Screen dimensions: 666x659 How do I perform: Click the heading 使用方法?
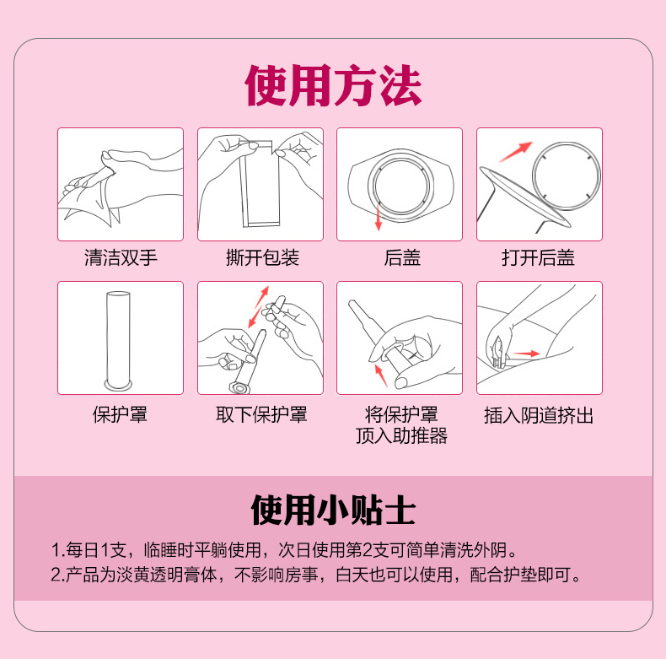click(x=333, y=85)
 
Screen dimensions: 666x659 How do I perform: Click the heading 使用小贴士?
click(x=333, y=510)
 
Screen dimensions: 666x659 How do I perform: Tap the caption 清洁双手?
click(x=121, y=257)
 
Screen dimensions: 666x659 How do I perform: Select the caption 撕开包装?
click(x=262, y=257)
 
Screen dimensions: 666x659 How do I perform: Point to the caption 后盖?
click(x=402, y=257)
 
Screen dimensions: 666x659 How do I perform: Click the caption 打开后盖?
click(x=538, y=257)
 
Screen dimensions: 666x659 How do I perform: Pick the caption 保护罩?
click(x=120, y=414)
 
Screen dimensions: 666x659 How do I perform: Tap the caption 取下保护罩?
click(x=261, y=414)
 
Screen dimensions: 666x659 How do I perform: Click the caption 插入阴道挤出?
click(x=539, y=415)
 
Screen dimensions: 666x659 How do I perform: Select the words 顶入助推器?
click(x=401, y=435)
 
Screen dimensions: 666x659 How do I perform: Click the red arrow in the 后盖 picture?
click(x=378, y=217)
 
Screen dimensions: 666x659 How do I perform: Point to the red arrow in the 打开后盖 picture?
click(x=516, y=152)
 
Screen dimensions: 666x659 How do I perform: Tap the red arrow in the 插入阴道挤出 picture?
click(x=526, y=354)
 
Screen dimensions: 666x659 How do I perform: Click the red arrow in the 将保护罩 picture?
click(x=381, y=375)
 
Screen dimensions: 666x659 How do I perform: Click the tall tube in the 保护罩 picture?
click(x=118, y=340)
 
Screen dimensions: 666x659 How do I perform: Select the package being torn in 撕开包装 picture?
click(x=260, y=184)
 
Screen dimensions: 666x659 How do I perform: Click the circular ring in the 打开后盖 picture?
click(x=567, y=176)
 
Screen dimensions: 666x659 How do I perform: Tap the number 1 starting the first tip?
click(x=55, y=550)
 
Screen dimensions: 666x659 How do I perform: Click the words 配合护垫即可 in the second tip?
click(x=525, y=575)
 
